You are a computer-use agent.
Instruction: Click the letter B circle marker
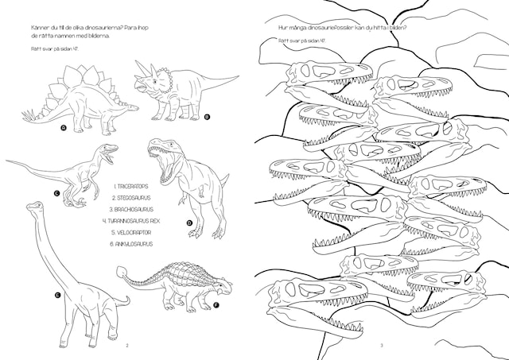click(x=206, y=117)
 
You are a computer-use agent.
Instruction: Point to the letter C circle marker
click(x=57, y=192)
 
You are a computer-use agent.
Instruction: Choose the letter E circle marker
click(x=57, y=296)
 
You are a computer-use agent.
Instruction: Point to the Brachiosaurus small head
click(x=33, y=207)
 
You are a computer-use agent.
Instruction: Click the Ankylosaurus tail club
click(x=122, y=273)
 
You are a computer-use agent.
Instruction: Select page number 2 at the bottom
click(x=127, y=345)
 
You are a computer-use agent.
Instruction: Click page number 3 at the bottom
click(x=382, y=345)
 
